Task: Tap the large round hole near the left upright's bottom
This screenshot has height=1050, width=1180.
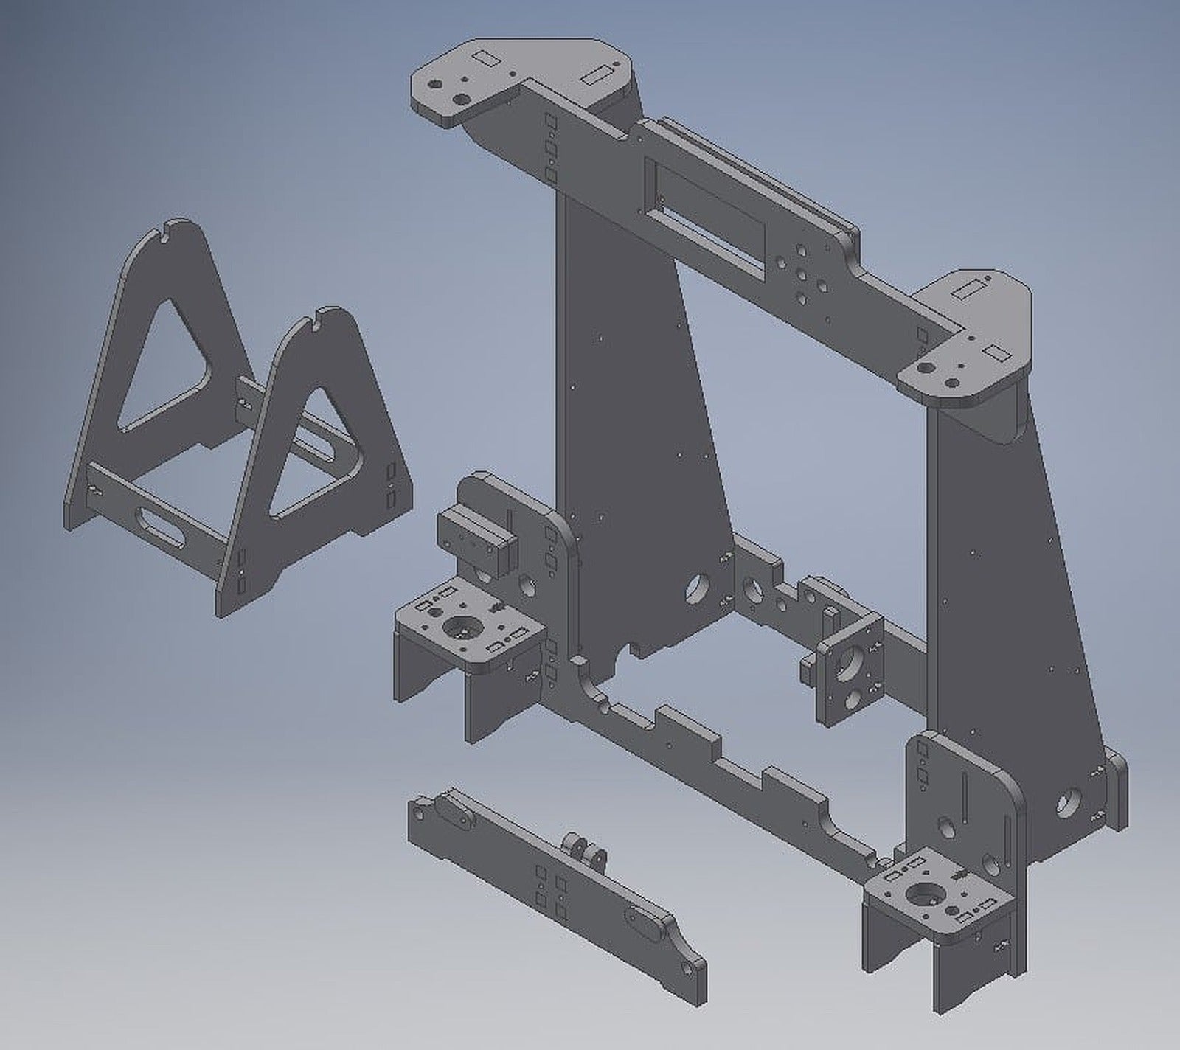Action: (695, 587)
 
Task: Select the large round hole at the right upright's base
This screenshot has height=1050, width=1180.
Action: (1068, 802)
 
